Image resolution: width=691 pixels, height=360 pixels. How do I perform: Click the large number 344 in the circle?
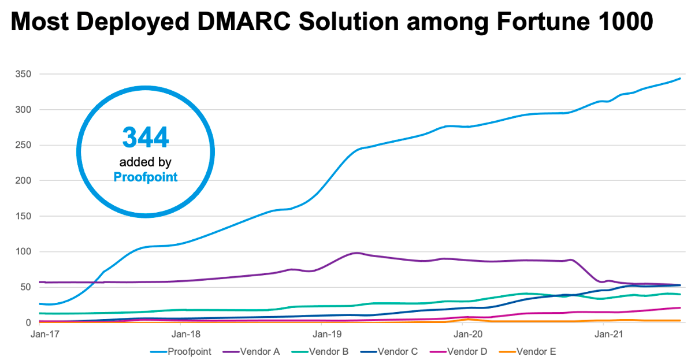(146, 137)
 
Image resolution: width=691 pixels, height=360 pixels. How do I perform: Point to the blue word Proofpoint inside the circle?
(146, 177)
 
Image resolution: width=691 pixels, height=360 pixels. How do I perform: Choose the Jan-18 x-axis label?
(181, 333)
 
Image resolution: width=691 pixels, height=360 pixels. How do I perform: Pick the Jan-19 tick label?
(322, 333)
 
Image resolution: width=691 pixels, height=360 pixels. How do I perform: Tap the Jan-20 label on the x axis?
(463, 333)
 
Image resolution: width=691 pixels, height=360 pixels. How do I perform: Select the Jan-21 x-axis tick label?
(604, 333)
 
